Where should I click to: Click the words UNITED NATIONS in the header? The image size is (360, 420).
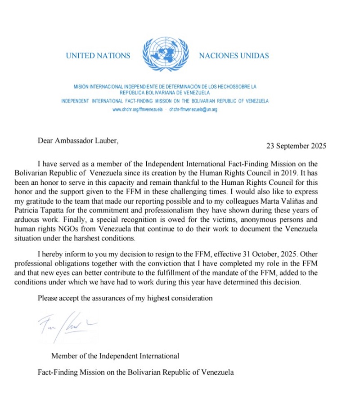[x=98, y=56]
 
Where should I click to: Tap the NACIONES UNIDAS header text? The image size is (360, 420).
[x=234, y=56]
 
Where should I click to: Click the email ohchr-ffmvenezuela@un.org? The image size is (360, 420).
[x=193, y=109]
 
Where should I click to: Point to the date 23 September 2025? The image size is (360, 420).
[x=296, y=146]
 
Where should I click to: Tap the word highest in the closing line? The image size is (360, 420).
[x=150, y=298]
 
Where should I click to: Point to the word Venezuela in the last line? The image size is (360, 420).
[x=219, y=372]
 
